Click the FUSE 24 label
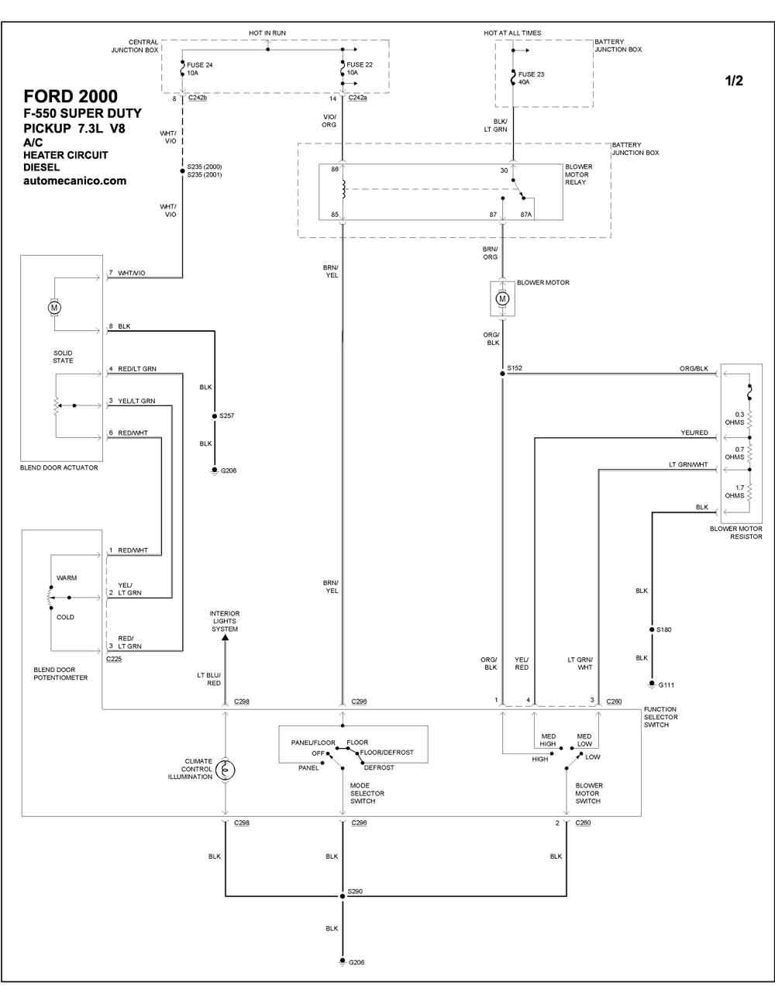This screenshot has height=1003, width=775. click(199, 65)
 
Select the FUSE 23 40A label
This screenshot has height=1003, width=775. click(531, 78)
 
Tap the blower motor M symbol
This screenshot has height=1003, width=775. click(502, 298)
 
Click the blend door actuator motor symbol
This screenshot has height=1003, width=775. click(54, 308)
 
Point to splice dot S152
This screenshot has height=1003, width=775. click(502, 373)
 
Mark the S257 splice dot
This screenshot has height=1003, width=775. click(215, 416)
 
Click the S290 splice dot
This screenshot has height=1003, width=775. click(343, 896)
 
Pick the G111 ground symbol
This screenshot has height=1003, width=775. click(652, 684)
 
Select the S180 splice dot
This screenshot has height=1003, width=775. click(652, 629)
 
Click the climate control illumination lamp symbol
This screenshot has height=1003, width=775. click(225, 770)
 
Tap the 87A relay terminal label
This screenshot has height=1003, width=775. click(526, 215)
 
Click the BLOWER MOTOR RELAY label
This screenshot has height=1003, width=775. click(578, 174)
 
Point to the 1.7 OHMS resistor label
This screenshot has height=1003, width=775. click(735, 491)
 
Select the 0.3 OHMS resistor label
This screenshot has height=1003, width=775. click(735, 419)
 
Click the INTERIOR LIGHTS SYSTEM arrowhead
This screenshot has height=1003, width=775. click(225, 637)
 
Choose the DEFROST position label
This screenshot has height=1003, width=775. click(379, 767)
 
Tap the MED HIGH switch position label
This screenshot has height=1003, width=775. click(548, 740)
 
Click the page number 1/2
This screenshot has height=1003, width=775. click(734, 81)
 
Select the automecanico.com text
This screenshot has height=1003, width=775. click(74, 181)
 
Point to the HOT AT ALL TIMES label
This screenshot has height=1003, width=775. click(512, 33)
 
